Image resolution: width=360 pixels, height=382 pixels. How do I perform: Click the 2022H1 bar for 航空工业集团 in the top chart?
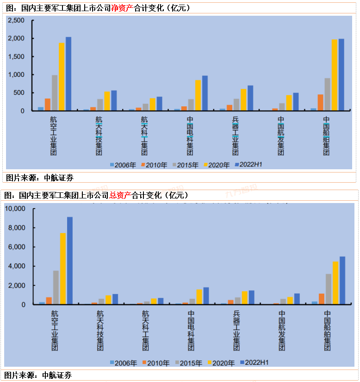[68, 74]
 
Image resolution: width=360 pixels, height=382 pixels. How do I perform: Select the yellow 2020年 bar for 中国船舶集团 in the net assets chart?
[334, 75]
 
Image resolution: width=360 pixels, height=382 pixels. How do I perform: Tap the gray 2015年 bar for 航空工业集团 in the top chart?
[55, 93]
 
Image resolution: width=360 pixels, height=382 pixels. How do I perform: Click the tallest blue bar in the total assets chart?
[70, 260]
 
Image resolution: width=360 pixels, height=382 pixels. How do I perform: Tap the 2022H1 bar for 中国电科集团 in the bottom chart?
[206, 296]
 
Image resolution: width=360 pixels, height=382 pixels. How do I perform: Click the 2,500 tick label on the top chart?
[16, 21]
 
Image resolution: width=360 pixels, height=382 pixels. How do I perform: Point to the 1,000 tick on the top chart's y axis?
[16, 75]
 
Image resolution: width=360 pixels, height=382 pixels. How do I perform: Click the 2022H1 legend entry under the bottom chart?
[253, 363]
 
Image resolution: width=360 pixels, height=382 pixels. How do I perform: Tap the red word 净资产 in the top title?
[122, 8]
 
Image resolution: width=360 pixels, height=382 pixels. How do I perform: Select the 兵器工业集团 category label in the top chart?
[236, 136]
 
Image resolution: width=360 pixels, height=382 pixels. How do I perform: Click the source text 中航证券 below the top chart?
[58, 178]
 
